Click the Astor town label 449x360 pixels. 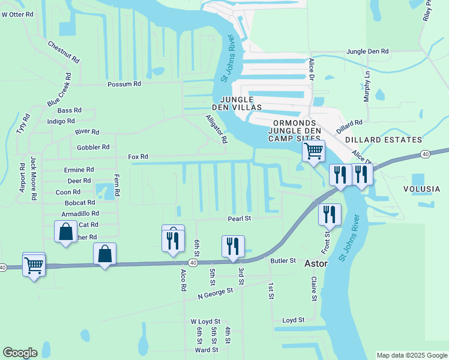click(316, 263)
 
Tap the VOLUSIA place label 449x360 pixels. click(421, 189)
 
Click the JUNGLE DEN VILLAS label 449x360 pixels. click(241, 103)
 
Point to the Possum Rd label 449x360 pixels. click(124, 84)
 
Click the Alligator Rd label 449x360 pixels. click(217, 129)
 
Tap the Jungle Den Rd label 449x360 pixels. click(367, 52)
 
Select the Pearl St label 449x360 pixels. click(238, 218)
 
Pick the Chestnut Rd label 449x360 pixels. click(64, 52)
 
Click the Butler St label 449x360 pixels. click(283, 260)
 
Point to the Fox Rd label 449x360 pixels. click(137, 157)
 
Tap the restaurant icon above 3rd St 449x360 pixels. click(233, 245)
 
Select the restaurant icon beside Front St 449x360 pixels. click(330, 214)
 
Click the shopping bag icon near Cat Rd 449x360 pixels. click(65, 231)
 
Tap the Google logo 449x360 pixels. click(20, 353)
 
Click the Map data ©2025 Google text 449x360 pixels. click(411, 355)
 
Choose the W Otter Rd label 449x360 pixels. click(17, 14)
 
